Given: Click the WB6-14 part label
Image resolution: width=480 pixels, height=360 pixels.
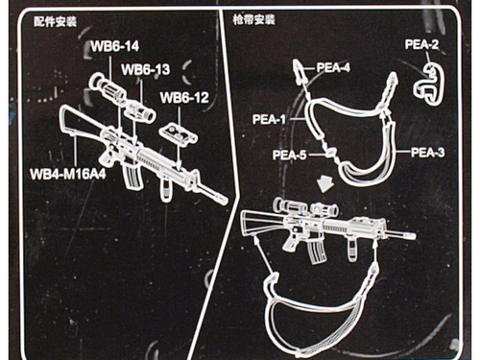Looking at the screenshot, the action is [x=115, y=46].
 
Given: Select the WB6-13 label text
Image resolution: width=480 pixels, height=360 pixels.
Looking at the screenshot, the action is [x=146, y=69].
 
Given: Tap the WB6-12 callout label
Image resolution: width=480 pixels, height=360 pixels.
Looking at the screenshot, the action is [x=184, y=98].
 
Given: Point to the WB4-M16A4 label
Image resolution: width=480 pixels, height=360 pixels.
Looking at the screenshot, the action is [x=68, y=175].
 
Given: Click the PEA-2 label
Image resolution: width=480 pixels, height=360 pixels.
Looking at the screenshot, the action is [x=421, y=44].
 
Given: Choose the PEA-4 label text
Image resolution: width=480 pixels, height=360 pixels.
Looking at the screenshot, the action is [x=333, y=67].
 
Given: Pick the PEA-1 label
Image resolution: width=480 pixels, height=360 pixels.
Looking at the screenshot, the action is [x=269, y=120].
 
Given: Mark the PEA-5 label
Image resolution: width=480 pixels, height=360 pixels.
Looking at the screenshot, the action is [x=290, y=156].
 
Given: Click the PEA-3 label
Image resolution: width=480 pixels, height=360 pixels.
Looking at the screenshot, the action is [x=427, y=153].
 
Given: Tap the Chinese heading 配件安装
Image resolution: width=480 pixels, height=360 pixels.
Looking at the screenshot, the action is [x=55, y=22].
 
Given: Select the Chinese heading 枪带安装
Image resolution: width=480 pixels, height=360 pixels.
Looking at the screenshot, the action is [x=254, y=20].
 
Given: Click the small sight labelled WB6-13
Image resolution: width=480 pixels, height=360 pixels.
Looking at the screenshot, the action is [x=141, y=110].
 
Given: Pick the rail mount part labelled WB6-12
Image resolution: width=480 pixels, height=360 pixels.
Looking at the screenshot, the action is [x=179, y=134].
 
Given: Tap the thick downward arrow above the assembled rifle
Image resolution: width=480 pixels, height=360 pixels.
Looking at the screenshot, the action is [x=325, y=184].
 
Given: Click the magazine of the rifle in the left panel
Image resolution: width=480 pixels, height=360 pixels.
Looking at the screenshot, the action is [x=131, y=177].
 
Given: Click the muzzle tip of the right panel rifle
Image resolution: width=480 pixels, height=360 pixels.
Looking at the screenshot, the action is [x=415, y=236].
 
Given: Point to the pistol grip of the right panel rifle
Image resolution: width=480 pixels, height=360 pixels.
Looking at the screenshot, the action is [x=291, y=243].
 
